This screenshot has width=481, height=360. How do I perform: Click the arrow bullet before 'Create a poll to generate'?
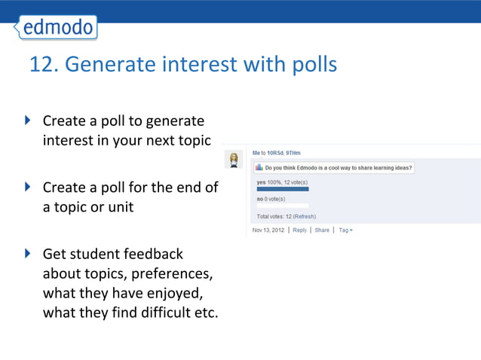[28, 120]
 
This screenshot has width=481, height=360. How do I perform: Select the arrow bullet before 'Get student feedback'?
[28, 253]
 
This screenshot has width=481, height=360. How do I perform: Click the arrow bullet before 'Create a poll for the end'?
[28, 186]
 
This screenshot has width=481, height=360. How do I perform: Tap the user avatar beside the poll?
[234, 160]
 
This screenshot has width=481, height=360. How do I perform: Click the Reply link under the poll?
[299, 230]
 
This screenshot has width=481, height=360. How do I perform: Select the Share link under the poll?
[322, 230]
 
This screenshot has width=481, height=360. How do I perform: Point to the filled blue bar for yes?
[283, 189]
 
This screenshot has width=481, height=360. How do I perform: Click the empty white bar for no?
[283, 206]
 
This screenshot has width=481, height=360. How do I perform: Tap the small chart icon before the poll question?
[259, 168]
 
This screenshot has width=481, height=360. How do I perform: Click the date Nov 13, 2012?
[268, 230]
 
